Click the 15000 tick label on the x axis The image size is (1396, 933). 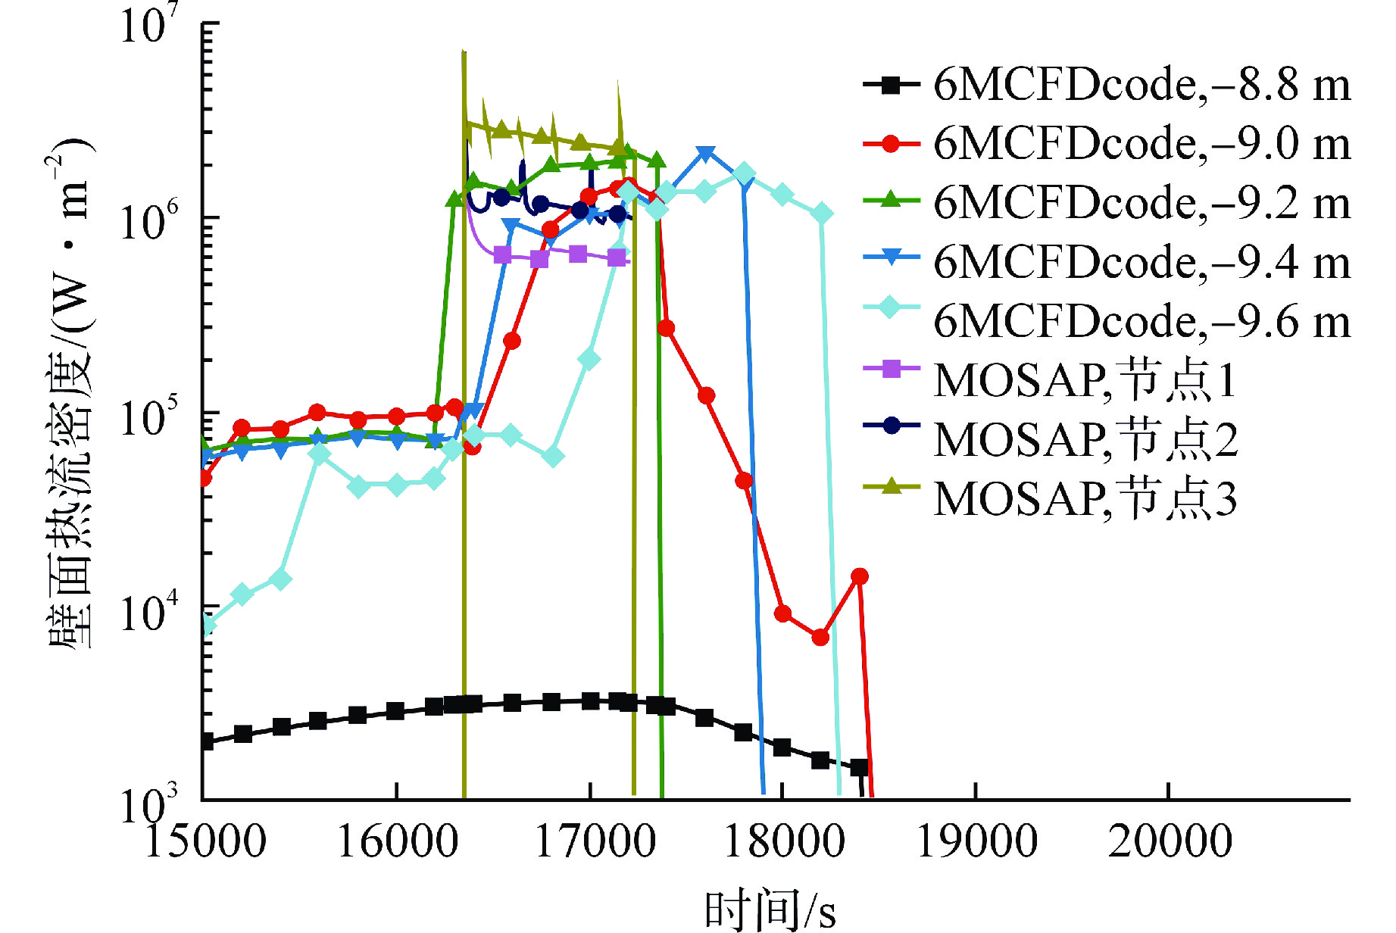point(205,841)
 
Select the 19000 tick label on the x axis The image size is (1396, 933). point(977,841)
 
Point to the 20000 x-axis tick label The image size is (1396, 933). point(1170,841)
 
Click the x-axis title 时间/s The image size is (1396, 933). point(770,910)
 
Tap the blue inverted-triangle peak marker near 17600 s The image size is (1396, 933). point(706,154)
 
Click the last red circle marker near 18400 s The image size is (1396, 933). point(859,576)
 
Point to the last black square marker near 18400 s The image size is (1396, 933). point(859,767)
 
